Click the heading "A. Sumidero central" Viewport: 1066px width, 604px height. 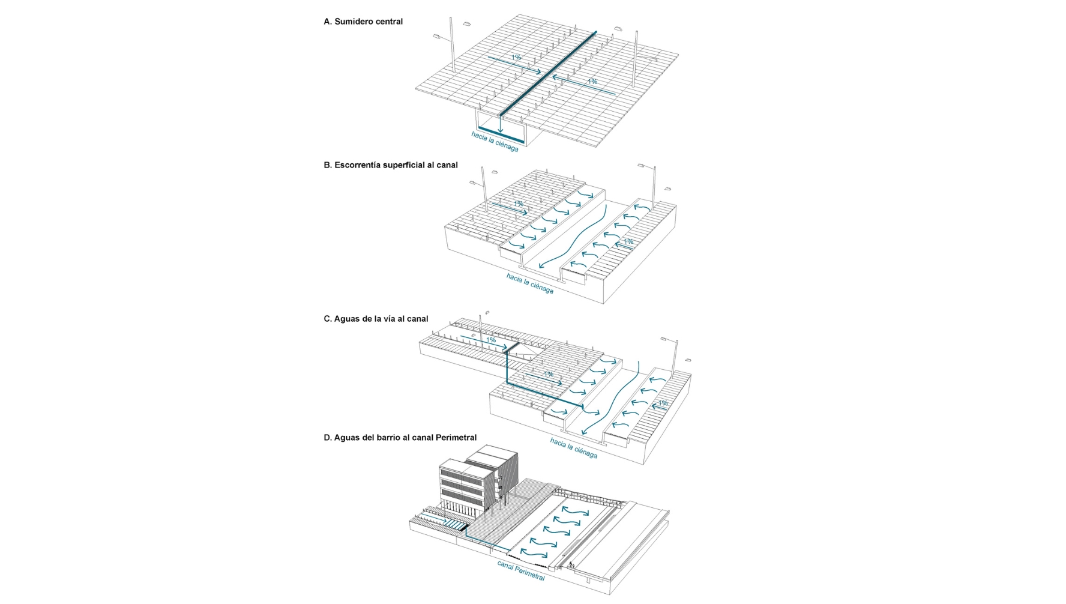(363, 22)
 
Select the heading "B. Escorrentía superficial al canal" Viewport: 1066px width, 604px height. (390, 165)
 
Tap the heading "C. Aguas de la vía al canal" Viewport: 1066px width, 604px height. (376, 319)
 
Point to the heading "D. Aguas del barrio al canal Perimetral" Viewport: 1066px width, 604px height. (400, 438)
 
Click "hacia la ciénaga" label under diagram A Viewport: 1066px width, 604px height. (495, 142)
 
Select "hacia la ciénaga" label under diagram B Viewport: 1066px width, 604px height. (529, 283)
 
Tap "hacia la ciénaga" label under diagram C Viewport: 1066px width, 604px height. (574, 448)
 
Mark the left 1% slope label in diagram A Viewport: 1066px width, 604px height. (516, 58)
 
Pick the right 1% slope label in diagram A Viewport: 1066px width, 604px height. (592, 82)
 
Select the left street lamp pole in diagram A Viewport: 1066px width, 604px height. (453, 51)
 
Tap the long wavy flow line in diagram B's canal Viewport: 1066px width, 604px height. (577, 237)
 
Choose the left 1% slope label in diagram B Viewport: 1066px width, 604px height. (518, 204)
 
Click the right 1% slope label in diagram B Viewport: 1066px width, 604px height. (628, 241)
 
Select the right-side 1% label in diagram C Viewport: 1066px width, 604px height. (663, 403)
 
